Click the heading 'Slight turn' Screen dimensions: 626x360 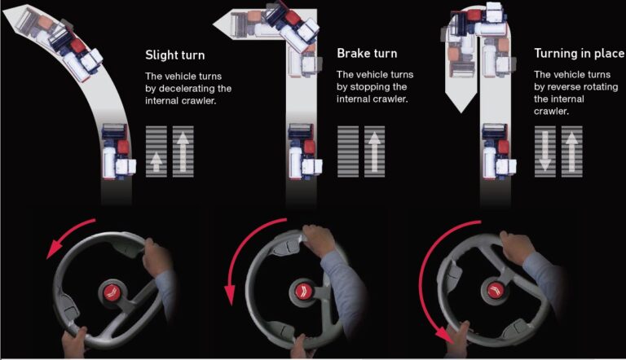[x=175, y=55]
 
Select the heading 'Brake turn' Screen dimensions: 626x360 [x=367, y=54]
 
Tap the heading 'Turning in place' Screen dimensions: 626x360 [x=579, y=54]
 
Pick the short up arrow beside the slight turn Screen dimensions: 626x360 [x=156, y=161]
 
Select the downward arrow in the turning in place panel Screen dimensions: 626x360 [x=545, y=151]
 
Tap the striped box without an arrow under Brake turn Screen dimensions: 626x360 [x=348, y=151]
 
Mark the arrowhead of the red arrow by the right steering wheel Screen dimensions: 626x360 [x=445, y=336]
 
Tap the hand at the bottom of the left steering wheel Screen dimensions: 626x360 [x=74, y=342]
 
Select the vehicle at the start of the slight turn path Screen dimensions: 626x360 [x=118, y=151]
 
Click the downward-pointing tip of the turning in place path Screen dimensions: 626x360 [x=461, y=112]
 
